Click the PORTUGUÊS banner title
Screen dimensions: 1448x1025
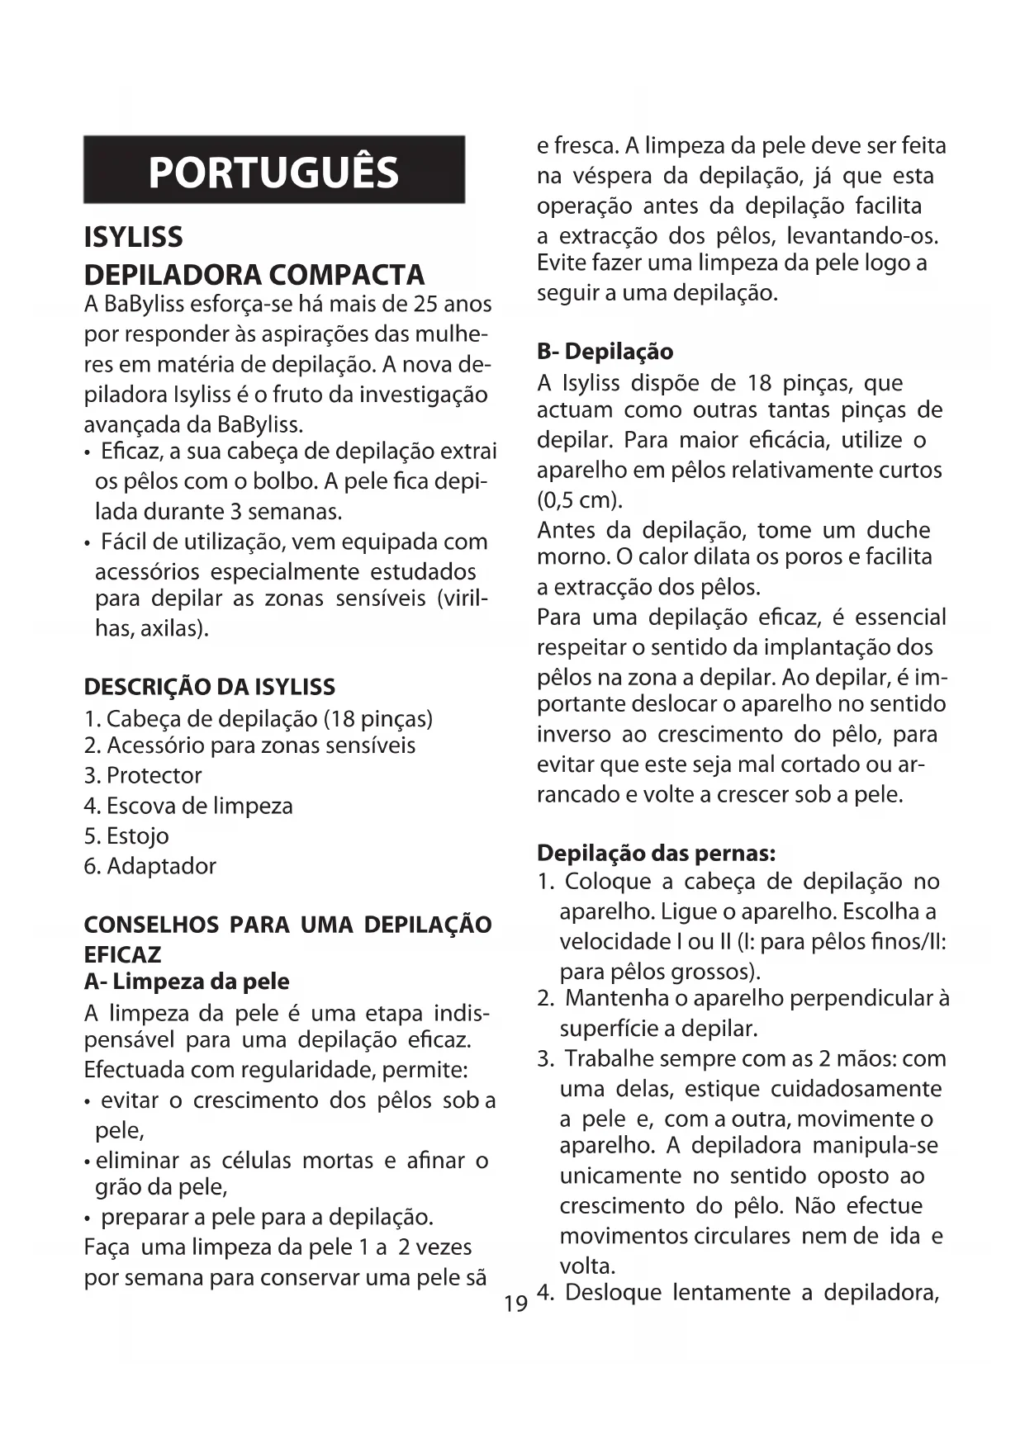click(x=273, y=172)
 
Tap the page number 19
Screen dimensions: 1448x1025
click(x=515, y=1304)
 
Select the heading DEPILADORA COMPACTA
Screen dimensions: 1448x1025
click(x=254, y=274)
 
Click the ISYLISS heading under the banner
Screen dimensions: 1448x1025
click(x=133, y=238)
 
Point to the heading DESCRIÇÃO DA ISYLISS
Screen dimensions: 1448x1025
click(x=210, y=687)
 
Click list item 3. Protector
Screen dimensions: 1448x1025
click(x=143, y=775)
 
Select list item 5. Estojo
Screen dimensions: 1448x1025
click(x=126, y=835)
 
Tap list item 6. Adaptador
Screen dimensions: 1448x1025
click(x=150, y=865)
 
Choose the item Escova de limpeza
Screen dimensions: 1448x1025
click(x=199, y=806)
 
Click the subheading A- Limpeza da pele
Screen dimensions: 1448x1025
click(x=187, y=982)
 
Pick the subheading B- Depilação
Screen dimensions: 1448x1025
click(x=605, y=352)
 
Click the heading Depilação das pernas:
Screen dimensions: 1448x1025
click(x=656, y=852)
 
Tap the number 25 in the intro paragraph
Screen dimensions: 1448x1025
click(x=425, y=304)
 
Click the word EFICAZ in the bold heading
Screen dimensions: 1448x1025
click(x=122, y=954)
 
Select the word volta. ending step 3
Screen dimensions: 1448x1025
click(x=587, y=1266)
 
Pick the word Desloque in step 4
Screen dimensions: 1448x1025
click(x=613, y=1292)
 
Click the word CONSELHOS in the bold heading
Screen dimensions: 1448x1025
click(x=151, y=925)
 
